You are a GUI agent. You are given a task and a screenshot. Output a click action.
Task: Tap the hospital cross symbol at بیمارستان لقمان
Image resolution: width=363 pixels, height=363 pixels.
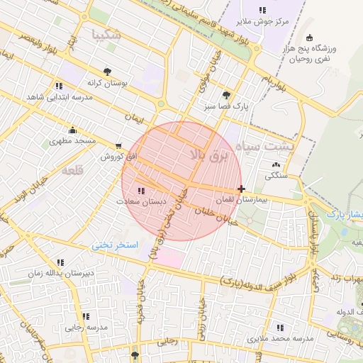click(x=242, y=189)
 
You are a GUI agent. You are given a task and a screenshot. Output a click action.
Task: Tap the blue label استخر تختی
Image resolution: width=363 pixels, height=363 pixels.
click(x=117, y=245)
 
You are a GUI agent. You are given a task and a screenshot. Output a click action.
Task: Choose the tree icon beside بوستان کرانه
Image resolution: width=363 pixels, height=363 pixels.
click(x=107, y=71)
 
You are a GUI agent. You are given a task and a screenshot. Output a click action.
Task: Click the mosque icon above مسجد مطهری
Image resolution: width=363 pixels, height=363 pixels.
click(x=72, y=130)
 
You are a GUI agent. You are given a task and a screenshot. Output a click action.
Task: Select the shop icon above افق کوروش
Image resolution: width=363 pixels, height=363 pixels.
click(x=118, y=146)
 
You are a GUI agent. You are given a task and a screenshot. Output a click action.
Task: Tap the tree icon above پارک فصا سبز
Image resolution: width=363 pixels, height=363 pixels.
click(x=226, y=95)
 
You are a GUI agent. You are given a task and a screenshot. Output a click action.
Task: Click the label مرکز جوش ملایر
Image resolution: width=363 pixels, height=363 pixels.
click(x=262, y=21)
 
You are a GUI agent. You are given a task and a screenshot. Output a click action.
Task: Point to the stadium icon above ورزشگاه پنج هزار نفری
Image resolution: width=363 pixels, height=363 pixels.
click(x=308, y=38)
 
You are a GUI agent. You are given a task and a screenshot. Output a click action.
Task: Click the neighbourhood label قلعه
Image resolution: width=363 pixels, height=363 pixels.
click(x=72, y=171)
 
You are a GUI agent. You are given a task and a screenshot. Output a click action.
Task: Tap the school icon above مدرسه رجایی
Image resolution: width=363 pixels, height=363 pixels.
click(x=86, y=316)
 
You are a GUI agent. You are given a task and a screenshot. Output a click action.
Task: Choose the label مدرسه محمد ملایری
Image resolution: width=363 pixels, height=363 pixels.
click(x=279, y=339)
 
